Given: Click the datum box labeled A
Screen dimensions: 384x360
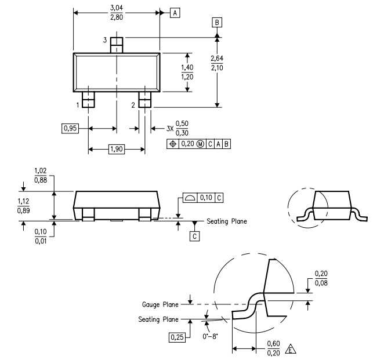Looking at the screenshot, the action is pyautogui.click(x=175, y=13).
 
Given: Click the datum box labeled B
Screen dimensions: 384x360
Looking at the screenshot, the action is pyautogui.click(x=217, y=23).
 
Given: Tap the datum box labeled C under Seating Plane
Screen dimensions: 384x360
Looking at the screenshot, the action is pyautogui.click(x=194, y=236).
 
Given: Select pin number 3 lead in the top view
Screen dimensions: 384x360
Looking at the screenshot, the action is pyautogui.click(x=117, y=45).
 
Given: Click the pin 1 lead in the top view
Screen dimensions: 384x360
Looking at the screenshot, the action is pyautogui.click(x=88, y=100).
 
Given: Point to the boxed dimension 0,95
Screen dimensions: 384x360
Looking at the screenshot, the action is pyautogui.click(x=70, y=128).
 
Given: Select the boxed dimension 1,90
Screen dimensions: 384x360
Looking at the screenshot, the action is pyautogui.click(x=117, y=149).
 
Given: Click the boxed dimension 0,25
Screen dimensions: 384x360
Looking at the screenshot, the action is pyautogui.click(x=177, y=337).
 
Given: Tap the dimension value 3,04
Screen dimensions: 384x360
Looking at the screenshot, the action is pyautogui.click(x=117, y=8).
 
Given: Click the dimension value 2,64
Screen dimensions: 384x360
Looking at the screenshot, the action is pyautogui.click(x=217, y=58).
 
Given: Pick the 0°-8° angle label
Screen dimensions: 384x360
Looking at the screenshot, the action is pyautogui.click(x=210, y=336).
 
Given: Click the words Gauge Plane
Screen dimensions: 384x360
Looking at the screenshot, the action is pyautogui.click(x=160, y=304).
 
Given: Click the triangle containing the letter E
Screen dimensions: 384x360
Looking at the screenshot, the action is pyautogui.click(x=291, y=350).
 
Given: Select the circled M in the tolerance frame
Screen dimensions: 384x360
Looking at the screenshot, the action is pyautogui.click(x=200, y=144).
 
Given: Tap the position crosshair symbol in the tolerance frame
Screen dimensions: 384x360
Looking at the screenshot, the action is pyautogui.click(x=173, y=144).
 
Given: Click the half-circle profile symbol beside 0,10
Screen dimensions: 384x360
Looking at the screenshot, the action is pyautogui.click(x=190, y=198).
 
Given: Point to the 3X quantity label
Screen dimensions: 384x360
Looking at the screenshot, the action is pyautogui.click(x=170, y=129).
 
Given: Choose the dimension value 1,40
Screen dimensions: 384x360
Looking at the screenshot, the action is pyautogui.click(x=187, y=67).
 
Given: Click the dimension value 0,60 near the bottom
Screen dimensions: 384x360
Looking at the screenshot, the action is pyautogui.click(x=273, y=344).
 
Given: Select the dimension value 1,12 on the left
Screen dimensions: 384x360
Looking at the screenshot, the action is pyautogui.click(x=24, y=201).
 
